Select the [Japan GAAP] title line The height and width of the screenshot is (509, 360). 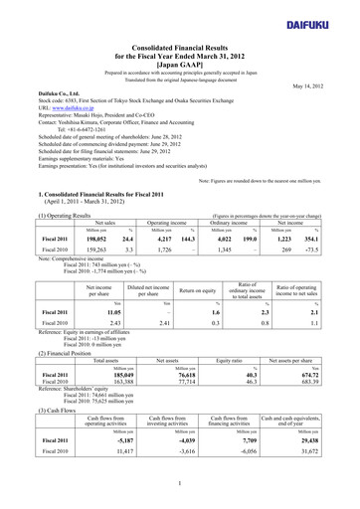pyautogui.click(x=179, y=63)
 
